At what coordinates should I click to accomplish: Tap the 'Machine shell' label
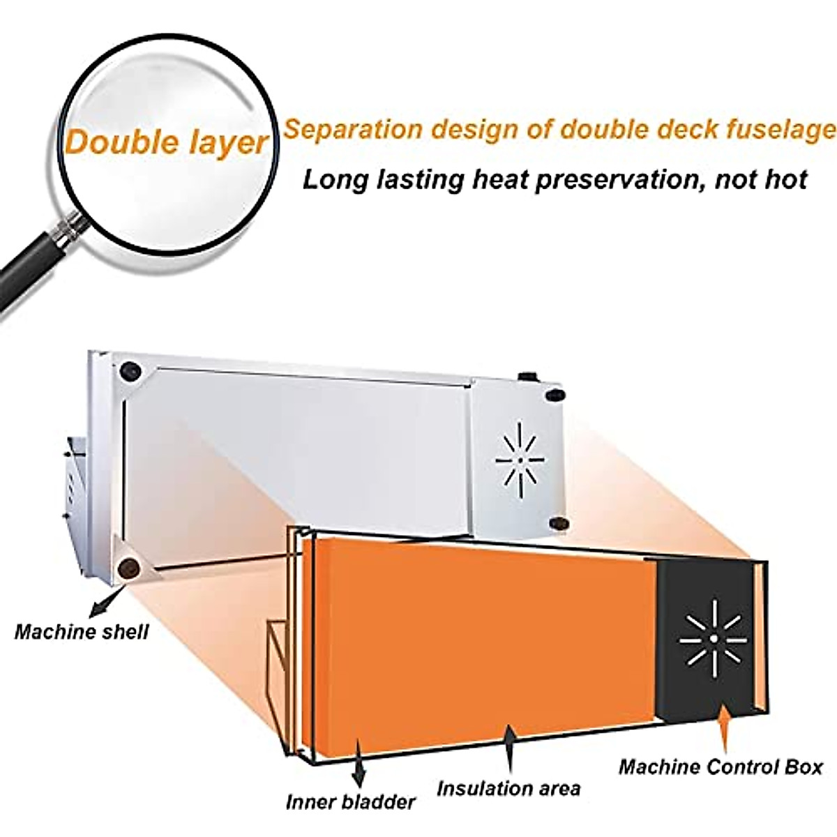coord(82,633)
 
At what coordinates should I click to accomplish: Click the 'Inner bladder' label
coord(350,801)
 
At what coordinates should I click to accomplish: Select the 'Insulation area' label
coord(508,789)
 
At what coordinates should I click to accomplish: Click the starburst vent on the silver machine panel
coord(519,461)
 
